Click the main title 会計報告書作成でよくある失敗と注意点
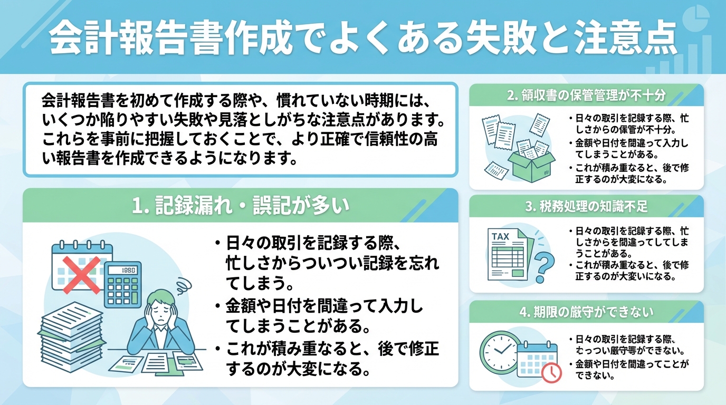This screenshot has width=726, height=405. click(363, 38)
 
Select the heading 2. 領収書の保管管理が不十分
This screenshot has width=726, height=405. click(586, 96)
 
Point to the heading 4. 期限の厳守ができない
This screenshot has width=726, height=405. click(586, 312)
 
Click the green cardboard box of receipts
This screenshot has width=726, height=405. click(531, 163)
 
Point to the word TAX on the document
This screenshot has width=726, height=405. click(500, 236)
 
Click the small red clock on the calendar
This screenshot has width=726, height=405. click(551, 372)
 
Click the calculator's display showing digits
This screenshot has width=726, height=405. click(124, 271)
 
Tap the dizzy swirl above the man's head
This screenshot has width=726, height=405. click(184, 285)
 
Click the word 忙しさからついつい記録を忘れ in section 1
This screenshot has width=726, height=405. click(332, 263)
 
